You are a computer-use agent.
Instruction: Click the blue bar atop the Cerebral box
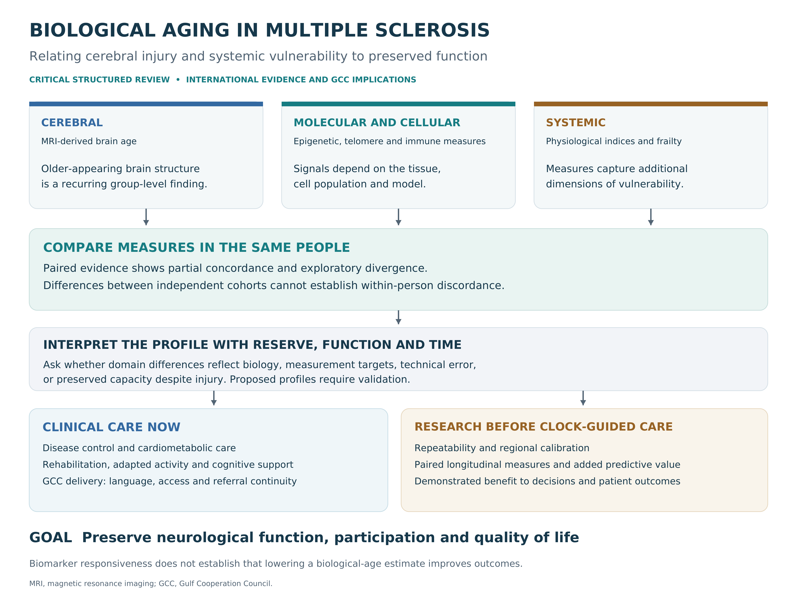click(146, 104)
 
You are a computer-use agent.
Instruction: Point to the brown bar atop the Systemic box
click(651, 104)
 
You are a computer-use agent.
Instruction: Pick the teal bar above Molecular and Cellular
click(398, 104)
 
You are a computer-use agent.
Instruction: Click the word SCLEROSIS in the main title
click(432, 30)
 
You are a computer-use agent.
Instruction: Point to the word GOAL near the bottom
click(50, 538)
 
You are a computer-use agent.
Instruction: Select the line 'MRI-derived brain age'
click(89, 141)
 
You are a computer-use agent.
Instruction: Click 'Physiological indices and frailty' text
click(614, 141)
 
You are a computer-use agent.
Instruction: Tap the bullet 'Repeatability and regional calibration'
click(502, 448)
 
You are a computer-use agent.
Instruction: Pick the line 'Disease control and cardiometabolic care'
click(139, 448)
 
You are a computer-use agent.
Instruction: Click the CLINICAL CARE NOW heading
click(111, 427)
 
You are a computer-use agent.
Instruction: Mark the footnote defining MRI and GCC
click(151, 584)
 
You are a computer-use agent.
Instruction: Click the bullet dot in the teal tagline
click(178, 80)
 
